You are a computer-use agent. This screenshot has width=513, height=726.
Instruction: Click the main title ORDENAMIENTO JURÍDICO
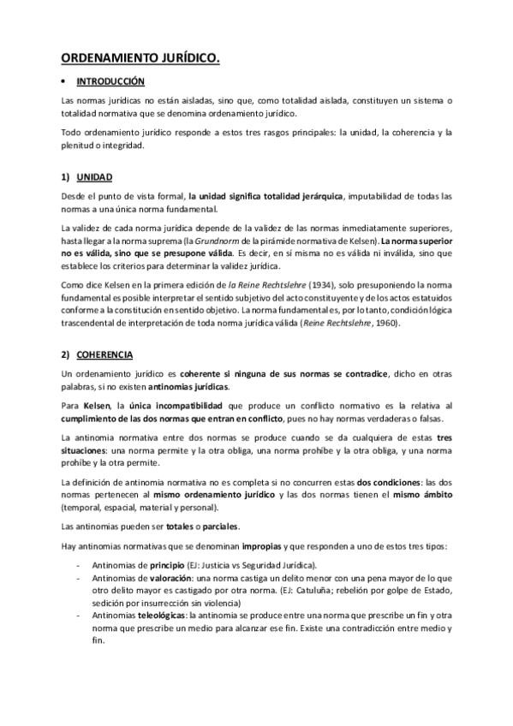coord(140,58)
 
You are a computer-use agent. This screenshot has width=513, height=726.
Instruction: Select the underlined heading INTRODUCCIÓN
coord(110,82)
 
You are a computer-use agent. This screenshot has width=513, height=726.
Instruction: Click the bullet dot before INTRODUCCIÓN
coord(64,82)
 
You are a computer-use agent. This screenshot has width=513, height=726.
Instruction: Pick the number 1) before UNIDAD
coord(65,177)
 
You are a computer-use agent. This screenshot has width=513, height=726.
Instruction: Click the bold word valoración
coord(162,579)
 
